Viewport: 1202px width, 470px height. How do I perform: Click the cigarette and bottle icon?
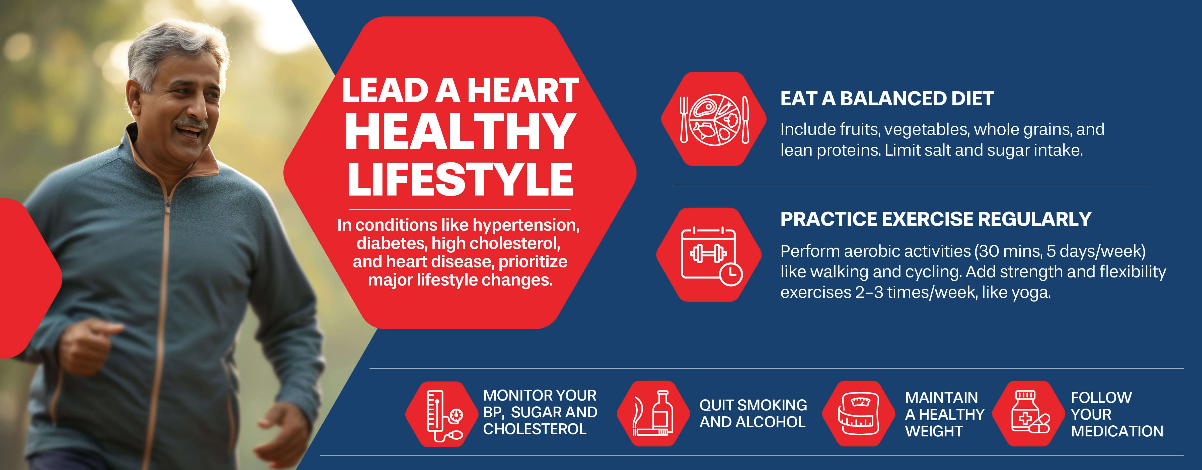pyautogui.click(x=653, y=414)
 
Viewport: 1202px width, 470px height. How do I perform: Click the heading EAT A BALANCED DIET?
pyautogui.click(x=886, y=99)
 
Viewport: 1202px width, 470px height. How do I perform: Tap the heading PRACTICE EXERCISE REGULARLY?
pyautogui.click(x=936, y=219)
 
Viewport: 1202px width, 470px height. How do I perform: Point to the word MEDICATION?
pyautogui.click(x=1117, y=431)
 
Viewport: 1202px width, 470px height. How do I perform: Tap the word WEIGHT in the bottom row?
pyautogui.click(x=934, y=431)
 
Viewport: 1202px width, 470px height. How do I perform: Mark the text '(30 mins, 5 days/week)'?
pyautogui.click(x=1059, y=251)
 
